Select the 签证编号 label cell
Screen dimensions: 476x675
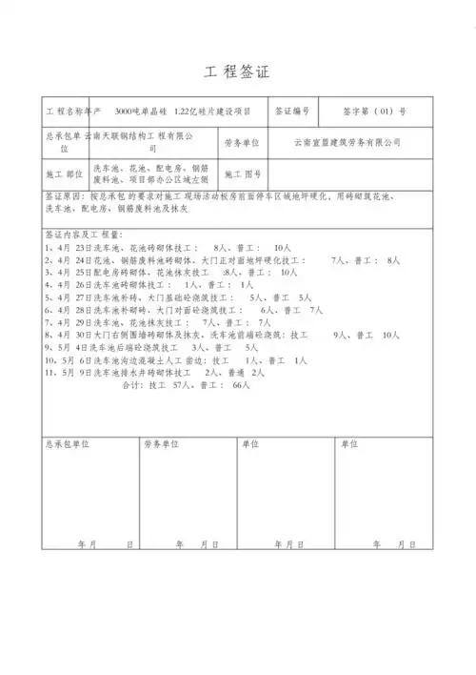pyautogui.click(x=291, y=112)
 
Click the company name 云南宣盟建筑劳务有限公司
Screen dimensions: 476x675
pyautogui.click(x=347, y=142)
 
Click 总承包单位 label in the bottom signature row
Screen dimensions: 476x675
pyautogui.click(x=68, y=444)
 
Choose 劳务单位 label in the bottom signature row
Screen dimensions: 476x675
pyautogui.click(x=162, y=444)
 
